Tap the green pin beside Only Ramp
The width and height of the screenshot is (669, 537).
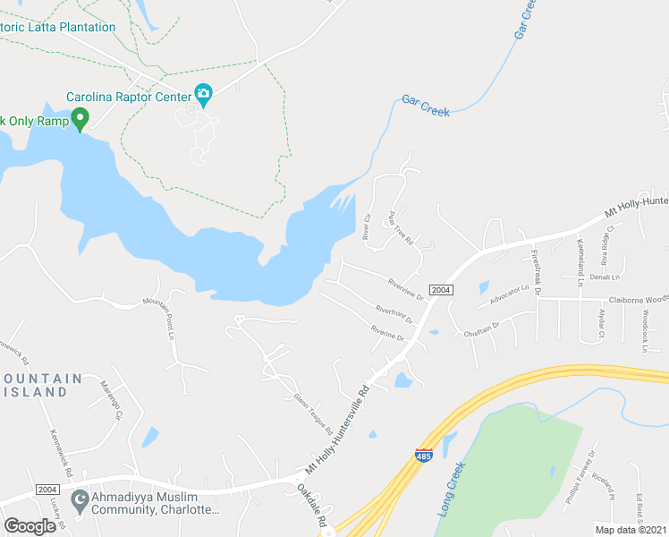click(80, 118)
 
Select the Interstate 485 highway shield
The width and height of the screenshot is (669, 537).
click(424, 456)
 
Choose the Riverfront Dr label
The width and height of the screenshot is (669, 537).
click(394, 314)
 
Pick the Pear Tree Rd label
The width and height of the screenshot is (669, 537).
click(399, 229)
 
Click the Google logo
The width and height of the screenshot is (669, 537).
click(30, 525)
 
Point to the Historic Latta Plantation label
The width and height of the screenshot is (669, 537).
click(58, 27)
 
